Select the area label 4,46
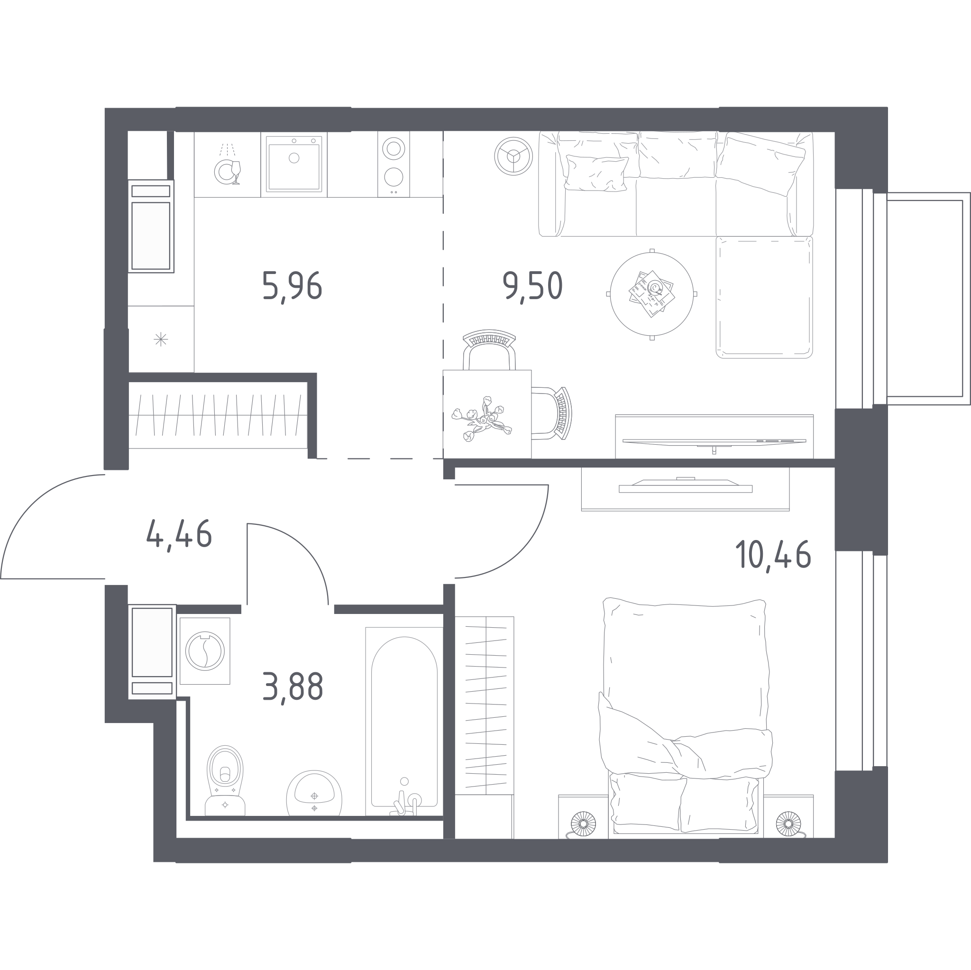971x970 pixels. point(179,534)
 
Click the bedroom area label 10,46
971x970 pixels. point(773,554)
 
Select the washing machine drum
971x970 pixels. point(204,651)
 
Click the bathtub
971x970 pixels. point(404,721)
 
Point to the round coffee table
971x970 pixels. point(652,294)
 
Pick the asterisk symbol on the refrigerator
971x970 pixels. point(161,339)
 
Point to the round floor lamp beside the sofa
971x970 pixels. point(513,156)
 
